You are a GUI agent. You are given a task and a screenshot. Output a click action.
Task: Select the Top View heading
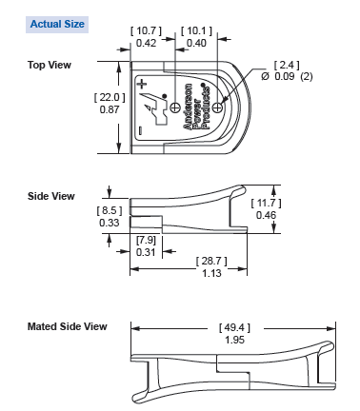coord(50,65)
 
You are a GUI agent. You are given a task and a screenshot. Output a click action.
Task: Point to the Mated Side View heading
coord(68,326)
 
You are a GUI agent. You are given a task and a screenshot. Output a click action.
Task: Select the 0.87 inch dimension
coord(106,111)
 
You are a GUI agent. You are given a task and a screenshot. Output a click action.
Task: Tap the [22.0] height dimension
coord(106,98)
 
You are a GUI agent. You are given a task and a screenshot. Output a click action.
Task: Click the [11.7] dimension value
coord(266,204)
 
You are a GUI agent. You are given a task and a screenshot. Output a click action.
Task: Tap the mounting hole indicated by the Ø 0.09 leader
coord(217,108)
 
